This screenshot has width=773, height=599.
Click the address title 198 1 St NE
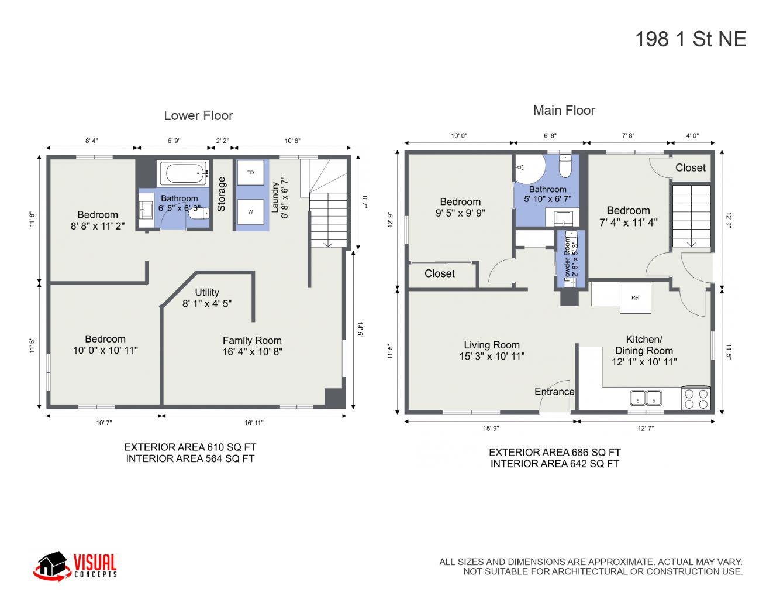690,39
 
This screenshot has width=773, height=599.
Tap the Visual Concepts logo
75,566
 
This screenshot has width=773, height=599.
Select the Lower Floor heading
198,116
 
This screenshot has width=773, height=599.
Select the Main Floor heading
564,110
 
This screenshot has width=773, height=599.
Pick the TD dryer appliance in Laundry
250,173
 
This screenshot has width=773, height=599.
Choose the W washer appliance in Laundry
250,211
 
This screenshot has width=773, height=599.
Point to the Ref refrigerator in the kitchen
635,297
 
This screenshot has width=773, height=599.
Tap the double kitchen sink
646,398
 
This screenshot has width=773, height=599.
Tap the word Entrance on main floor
554,392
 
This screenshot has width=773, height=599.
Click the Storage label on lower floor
222,194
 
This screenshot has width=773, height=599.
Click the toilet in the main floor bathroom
565,166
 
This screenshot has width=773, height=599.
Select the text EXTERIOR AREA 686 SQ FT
554,452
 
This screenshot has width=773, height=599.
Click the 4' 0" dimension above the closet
692,136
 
